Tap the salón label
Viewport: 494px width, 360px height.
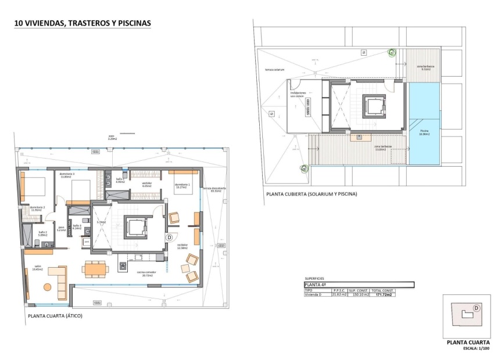click(38, 268)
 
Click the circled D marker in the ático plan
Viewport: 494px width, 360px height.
click(170, 237)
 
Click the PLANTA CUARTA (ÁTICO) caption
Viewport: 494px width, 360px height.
click(55, 315)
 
